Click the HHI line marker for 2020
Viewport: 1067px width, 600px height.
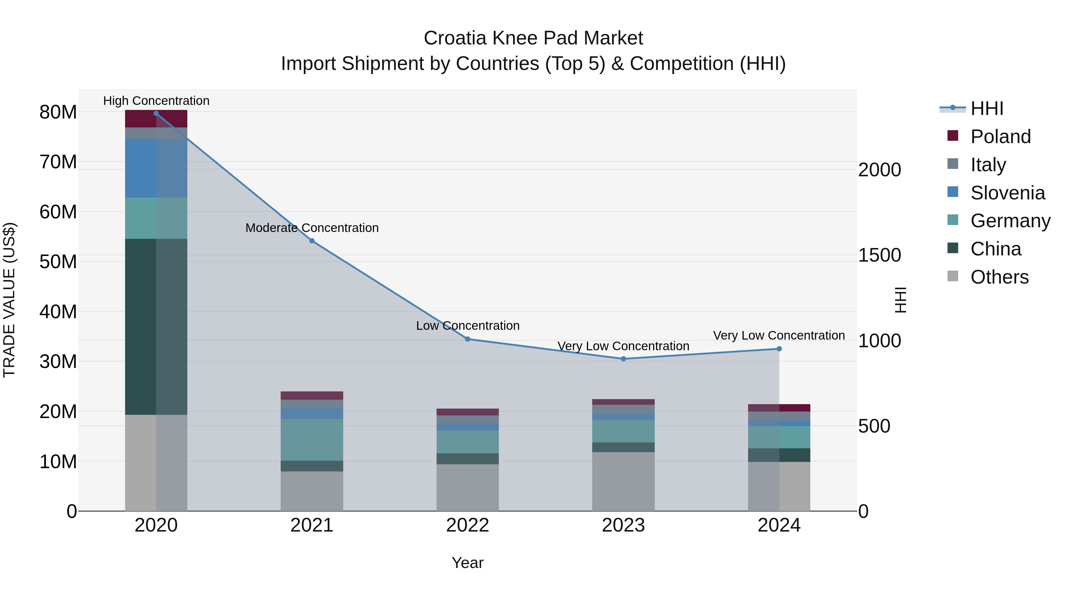(x=156, y=113)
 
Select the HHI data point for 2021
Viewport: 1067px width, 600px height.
(x=312, y=241)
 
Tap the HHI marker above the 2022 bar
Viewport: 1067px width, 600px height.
(x=468, y=339)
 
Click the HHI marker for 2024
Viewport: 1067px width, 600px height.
(x=779, y=349)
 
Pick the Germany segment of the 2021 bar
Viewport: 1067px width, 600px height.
(x=312, y=440)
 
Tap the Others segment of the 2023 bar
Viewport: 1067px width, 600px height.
(x=623, y=481)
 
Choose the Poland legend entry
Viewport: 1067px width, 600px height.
(x=1000, y=137)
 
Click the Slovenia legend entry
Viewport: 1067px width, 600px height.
(x=1007, y=193)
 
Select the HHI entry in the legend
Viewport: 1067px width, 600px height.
(x=987, y=108)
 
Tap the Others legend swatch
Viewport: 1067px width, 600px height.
(x=953, y=276)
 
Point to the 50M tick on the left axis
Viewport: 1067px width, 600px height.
(x=58, y=262)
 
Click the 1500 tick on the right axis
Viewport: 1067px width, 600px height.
(x=879, y=255)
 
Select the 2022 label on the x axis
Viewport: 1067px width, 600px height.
(x=468, y=525)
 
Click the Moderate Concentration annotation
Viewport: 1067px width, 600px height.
(x=312, y=228)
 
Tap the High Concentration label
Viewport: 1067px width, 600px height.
(x=156, y=101)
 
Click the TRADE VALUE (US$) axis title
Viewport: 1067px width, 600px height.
(x=9, y=300)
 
